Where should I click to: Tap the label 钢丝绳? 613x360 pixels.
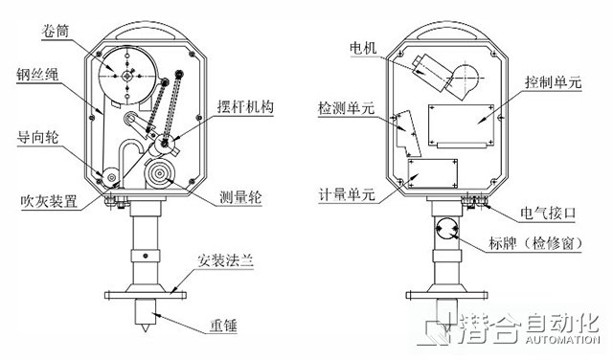pos(37,75)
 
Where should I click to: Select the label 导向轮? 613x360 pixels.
pos(38,137)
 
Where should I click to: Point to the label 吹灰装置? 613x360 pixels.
pos(49,202)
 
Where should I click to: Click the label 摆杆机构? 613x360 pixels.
pos(245,106)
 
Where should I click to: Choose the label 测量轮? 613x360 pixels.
pos(240,197)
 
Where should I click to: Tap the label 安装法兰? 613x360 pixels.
pos(226,260)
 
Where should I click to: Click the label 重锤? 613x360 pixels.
pos(223,326)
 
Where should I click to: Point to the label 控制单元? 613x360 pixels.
pos(554,82)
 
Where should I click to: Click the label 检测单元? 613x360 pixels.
pos(347,108)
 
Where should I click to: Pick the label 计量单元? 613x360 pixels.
pos(347,195)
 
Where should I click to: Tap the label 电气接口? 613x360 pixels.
pos(548,213)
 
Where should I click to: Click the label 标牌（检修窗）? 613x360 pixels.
pos(535,243)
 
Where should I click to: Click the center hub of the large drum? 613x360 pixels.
pos(126,76)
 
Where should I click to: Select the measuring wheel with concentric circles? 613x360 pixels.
pos(160,173)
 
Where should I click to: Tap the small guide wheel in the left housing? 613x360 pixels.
pos(111,178)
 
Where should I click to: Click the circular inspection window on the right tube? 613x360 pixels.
pos(447,229)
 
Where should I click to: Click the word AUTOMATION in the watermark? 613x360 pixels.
pos(562,339)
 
